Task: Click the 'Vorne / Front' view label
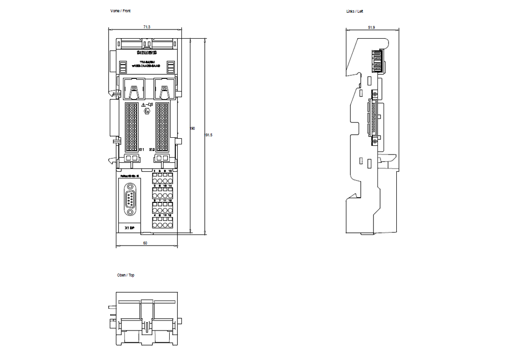pyautogui.click(x=120, y=11)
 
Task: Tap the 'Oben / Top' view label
pyautogui.click(x=126, y=275)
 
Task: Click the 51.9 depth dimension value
pyautogui.click(x=371, y=27)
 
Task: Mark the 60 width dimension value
pyautogui.click(x=145, y=244)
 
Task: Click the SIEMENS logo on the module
pyautogui.click(x=147, y=53)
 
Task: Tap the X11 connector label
pyautogui.click(x=142, y=149)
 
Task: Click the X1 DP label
pyautogui.click(x=129, y=228)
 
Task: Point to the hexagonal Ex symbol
pyautogui.click(x=147, y=110)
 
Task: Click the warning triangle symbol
pyautogui.click(x=143, y=105)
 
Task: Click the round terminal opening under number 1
pyautogui.click(x=155, y=180)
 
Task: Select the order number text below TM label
pyautogui.click(x=146, y=66)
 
